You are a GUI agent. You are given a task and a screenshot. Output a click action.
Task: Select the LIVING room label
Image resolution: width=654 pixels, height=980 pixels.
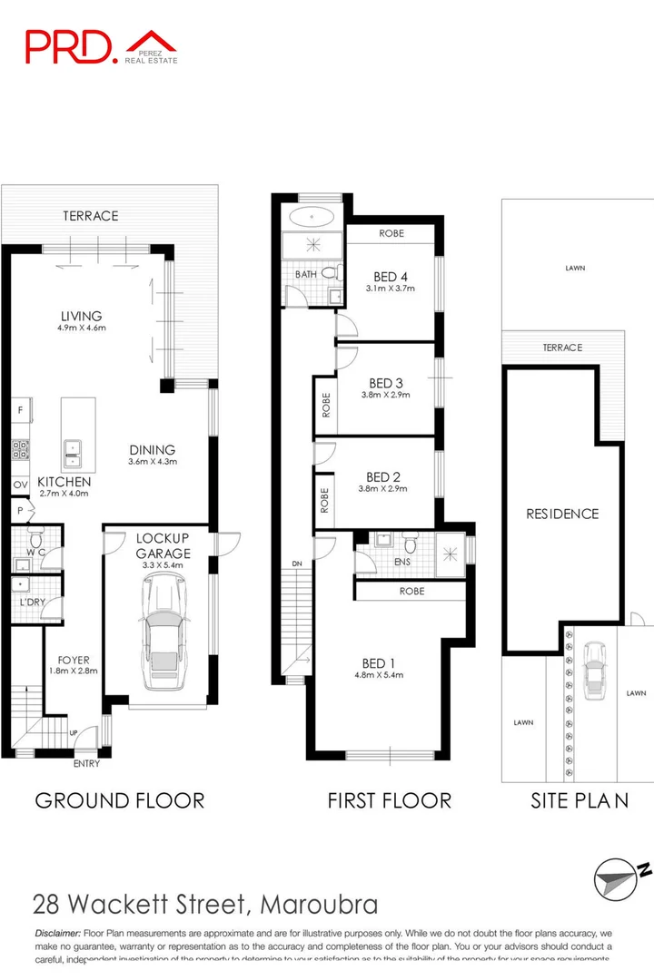pos(82,316)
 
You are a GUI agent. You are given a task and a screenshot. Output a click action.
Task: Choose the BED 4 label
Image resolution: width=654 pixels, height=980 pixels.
pos(390,277)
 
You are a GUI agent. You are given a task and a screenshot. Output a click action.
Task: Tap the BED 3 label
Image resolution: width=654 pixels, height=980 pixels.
pos(384,383)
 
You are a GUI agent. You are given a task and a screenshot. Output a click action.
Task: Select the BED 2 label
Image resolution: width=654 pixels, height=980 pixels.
pos(382,476)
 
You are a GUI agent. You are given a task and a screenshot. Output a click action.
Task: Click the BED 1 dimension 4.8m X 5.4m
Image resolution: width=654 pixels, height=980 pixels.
pos(379,674)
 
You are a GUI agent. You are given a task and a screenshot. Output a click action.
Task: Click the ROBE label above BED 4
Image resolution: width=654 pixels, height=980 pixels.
pos(391,233)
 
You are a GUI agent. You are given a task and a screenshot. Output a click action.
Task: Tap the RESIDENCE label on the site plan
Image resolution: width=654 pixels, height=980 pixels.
pos(562,514)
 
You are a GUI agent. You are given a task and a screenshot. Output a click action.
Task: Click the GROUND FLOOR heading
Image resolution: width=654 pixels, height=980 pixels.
pos(119,799)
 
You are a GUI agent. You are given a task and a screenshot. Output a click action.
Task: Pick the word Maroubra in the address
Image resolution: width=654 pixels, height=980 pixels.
pos(318,905)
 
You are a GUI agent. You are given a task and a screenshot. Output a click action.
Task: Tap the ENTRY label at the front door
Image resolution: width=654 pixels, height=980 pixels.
pos(85,764)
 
